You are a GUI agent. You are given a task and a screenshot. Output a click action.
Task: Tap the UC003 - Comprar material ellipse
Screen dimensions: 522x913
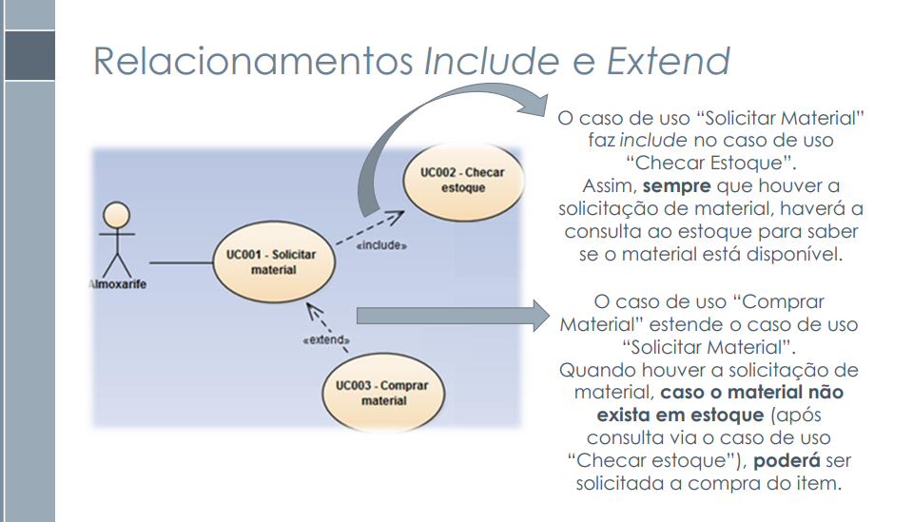382,393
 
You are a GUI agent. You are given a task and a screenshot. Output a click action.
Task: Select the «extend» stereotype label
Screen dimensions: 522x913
325,339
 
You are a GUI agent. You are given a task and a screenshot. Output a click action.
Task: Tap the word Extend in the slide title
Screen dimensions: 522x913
669,62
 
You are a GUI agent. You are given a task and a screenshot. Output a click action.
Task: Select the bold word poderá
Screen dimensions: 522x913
791,460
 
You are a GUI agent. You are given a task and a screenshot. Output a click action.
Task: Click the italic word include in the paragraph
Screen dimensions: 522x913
652,140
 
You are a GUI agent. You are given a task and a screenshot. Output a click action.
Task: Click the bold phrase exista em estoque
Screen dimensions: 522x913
679,415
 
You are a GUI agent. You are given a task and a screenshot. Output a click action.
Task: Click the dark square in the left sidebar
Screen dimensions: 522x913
28,54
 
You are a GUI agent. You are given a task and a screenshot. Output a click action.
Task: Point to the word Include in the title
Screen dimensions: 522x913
492,62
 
